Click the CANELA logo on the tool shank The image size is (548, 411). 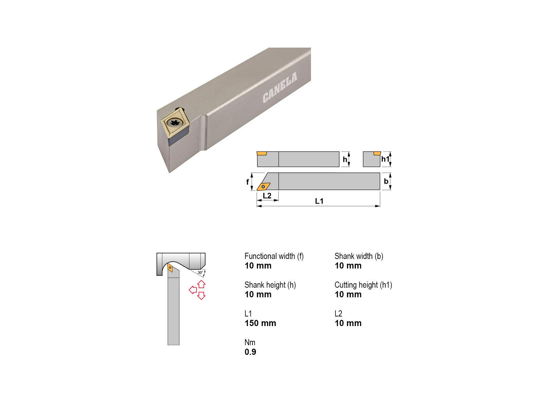pyautogui.click(x=280, y=88)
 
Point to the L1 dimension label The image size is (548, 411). pyautogui.click(x=319, y=201)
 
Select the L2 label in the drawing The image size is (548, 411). pyautogui.click(x=267, y=196)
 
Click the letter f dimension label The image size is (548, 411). pyautogui.click(x=247, y=182)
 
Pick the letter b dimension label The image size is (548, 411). pyautogui.click(x=386, y=182)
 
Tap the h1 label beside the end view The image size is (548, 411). pyautogui.click(x=385, y=159)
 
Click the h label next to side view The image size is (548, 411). pyautogui.click(x=345, y=159)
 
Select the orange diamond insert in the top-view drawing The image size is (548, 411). pyautogui.click(x=263, y=187)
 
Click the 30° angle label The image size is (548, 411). pyautogui.click(x=200, y=273)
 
